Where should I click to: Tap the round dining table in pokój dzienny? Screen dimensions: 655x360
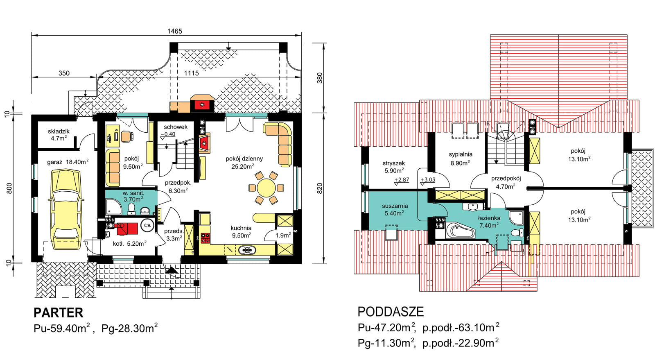pos(266,188)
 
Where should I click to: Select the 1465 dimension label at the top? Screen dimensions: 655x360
pos(174,31)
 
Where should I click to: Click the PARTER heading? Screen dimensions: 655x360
pos(59,312)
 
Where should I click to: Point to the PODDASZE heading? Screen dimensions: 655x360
pos(391,312)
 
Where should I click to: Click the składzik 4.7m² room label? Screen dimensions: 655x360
pos(59,135)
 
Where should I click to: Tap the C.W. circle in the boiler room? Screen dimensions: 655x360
pos(147,225)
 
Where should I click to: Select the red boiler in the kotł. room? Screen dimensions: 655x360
pos(127,229)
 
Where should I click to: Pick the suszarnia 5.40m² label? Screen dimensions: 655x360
pos(395,209)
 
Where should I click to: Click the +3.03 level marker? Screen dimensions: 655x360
pos(427,180)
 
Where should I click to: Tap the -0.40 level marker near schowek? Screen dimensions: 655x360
pos(168,134)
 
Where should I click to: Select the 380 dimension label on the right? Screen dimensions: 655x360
pos(320,78)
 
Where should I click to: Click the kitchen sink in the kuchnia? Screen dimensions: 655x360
pos(247,250)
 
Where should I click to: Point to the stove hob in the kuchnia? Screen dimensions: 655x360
pos(205,238)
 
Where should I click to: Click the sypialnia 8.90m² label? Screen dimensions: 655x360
pos(461,158)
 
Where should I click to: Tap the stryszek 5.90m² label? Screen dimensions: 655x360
pos(394,167)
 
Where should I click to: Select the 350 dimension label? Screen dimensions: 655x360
pos(64,73)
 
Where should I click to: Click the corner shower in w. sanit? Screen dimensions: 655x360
pos(113,206)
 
